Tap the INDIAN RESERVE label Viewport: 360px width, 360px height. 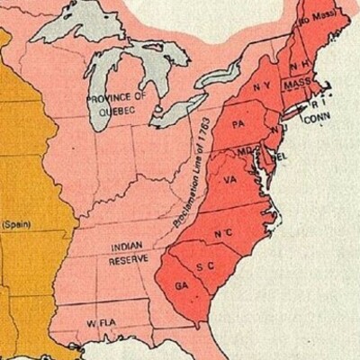pyautogui.click(x=128, y=253)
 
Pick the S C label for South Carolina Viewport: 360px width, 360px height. pyautogui.click(x=204, y=267)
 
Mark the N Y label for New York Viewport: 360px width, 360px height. pyautogui.click(x=263, y=86)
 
